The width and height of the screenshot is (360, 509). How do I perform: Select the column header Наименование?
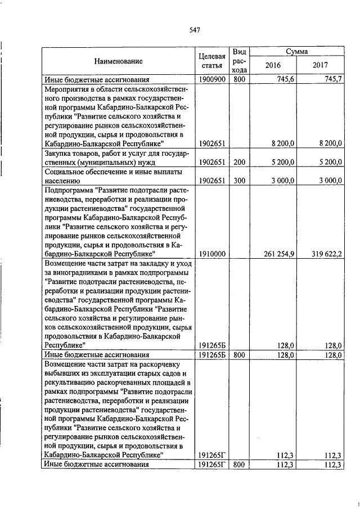(118, 61)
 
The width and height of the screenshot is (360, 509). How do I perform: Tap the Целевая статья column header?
(212, 61)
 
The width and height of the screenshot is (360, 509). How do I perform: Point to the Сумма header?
(296, 51)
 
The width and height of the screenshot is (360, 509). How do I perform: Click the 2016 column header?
(273, 65)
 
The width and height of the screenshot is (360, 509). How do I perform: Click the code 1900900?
(212, 80)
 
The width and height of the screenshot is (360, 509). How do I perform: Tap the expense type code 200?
(239, 162)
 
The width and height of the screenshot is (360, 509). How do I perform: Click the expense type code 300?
(239, 181)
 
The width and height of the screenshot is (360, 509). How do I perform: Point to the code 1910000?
(212, 254)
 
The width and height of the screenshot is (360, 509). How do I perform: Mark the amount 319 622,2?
(326, 254)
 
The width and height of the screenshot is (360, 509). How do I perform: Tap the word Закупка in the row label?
(57, 153)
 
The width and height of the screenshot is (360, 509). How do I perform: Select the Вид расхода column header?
(239, 61)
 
